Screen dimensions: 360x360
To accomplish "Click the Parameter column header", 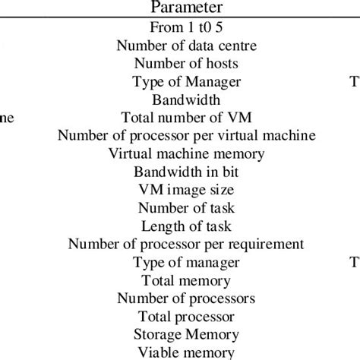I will (x=186, y=8).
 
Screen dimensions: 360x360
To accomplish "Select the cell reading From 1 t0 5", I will (x=186, y=27).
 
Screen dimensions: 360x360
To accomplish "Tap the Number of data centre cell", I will (x=186, y=46).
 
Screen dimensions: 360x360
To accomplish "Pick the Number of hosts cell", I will (x=186, y=63).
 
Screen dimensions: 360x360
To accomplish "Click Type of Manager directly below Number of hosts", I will (x=186, y=81).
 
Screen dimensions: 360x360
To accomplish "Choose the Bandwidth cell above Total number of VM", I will (x=186, y=99).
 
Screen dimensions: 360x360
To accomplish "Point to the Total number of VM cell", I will (x=186, y=118).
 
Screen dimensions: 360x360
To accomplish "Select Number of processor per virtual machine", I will (x=186, y=135).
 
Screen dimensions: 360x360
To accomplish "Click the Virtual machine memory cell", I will (x=186, y=153).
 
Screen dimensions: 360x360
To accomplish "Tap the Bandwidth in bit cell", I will (x=186, y=172).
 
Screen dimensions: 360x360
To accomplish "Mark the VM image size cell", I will (x=186, y=190).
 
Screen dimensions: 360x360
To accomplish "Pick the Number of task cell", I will (x=186, y=207).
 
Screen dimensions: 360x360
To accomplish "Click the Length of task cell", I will (x=186, y=226).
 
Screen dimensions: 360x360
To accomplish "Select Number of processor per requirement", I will (x=186, y=244).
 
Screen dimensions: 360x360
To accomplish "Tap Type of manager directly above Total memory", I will (x=186, y=262).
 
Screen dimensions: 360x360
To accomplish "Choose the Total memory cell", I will (x=186, y=279).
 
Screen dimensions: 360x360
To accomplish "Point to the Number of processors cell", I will (x=186, y=298).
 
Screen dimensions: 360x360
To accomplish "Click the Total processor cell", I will (x=186, y=316).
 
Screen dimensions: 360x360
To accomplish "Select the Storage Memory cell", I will (x=186, y=334).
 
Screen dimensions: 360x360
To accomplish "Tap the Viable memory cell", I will (x=186, y=352).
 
